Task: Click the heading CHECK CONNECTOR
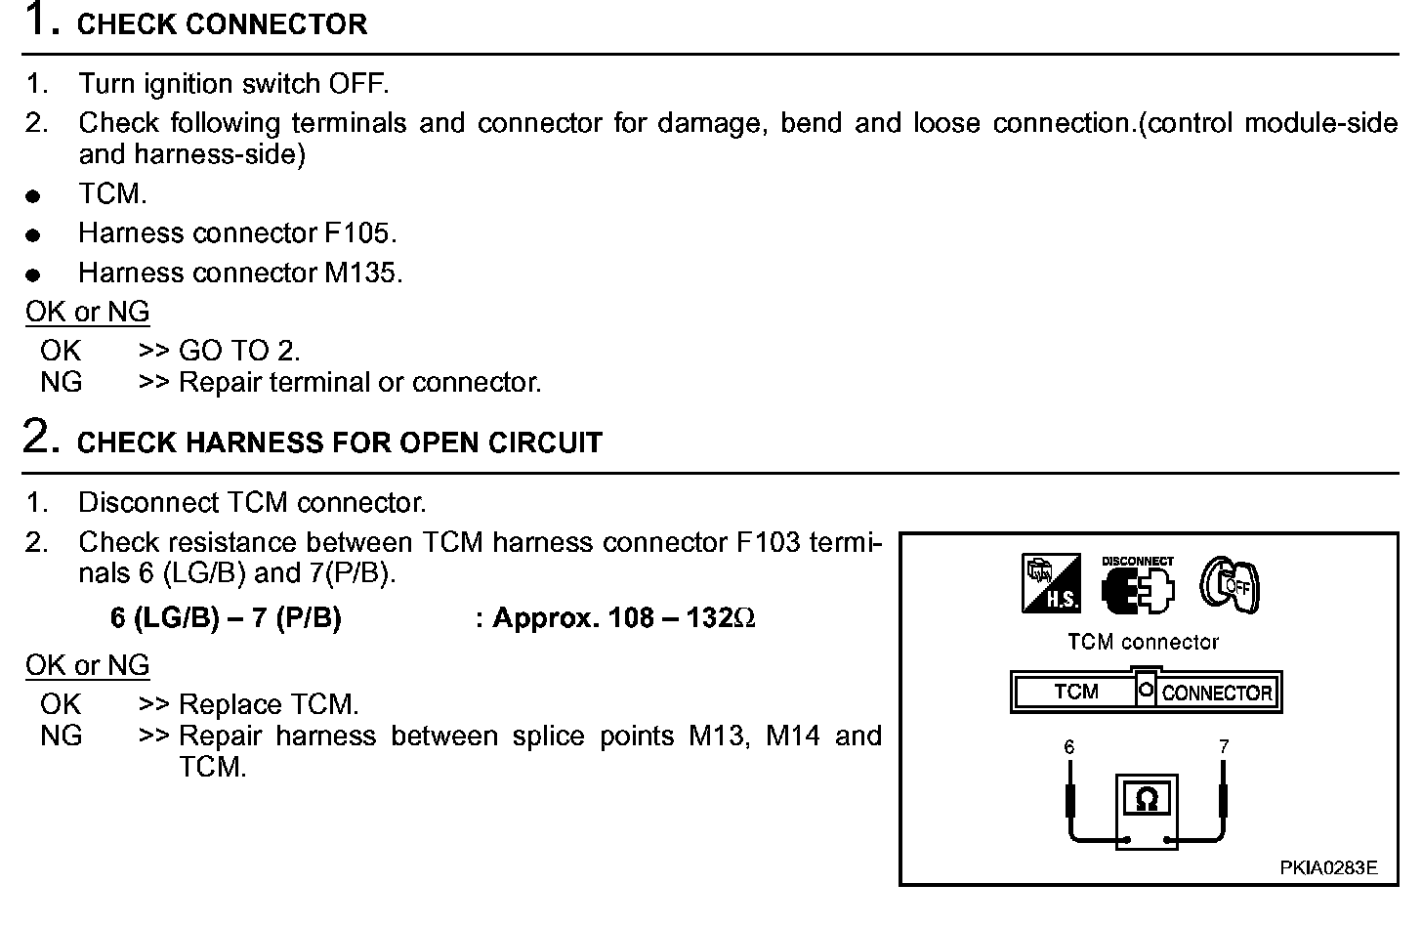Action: (x=222, y=24)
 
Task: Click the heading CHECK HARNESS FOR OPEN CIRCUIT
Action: (x=339, y=442)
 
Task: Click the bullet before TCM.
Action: (x=33, y=196)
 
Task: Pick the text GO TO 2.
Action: (x=239, y=351)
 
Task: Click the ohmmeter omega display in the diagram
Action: (x=1148, y=799)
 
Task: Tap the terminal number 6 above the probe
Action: (x=1069, y=747)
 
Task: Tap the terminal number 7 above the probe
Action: (x=1224, y=747)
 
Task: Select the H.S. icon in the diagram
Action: (x=1051, y=583)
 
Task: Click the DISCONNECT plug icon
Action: (x=1138, y=585)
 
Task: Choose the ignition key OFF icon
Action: (x=1229, y=584)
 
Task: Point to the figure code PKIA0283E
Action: (x=1329, y=867)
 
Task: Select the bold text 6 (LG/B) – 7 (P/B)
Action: (x=226, y=618)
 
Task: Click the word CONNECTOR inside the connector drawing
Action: (x=1217, y=694)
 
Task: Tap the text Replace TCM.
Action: (x=270, y=704)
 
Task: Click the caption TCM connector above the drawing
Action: (x=1143, y=642)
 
